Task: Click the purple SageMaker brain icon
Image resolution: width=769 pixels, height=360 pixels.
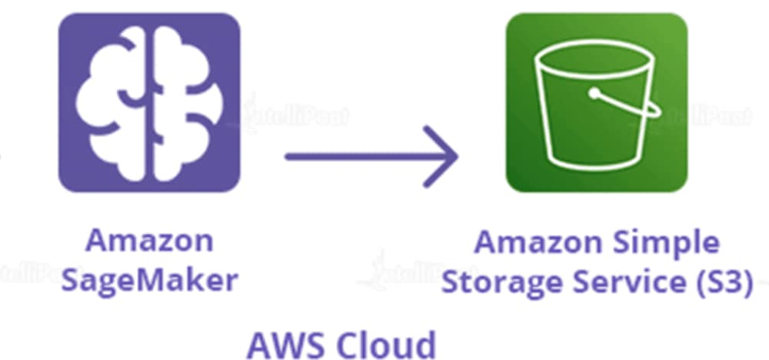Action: pyautogui.click(x=149, y=102)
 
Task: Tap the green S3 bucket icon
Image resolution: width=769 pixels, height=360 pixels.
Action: pyautogui.click(x=596, y=102)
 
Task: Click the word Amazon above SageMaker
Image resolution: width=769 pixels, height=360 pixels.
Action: pyautogui.click(x=149, y=241)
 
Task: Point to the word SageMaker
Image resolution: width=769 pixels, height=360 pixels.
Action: pyautogui.click(x=149, y=280)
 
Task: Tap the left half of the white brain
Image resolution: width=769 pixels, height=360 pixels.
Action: pyautogui.click(x=115, y=102)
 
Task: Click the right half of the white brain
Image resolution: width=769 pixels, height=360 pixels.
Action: pyautogui.click(x=185, y=102)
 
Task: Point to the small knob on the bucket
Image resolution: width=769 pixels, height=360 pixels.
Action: pyautogui.click(x=594, y=95)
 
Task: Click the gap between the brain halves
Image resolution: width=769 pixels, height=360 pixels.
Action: pyautogui.click(x=150, y=102)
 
